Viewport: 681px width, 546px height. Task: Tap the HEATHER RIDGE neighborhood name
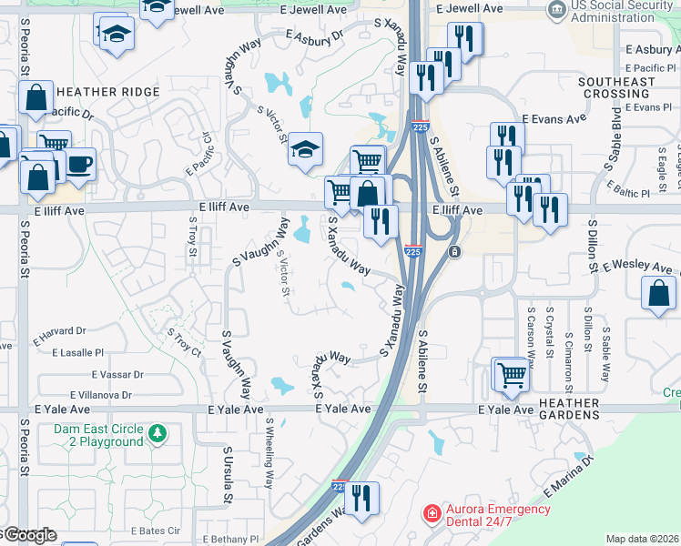[107, 92]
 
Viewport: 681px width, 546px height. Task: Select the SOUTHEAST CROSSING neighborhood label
[616, 88]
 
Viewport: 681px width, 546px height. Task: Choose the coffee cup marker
[79, 164]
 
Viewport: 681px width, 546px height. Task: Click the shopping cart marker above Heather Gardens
[510, 372]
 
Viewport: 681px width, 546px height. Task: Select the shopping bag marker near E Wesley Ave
[658, 293]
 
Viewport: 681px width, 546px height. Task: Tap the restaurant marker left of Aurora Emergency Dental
[362, 498]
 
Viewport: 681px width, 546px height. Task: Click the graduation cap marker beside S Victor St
[305, 148]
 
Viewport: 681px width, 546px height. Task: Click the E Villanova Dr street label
[83, 395]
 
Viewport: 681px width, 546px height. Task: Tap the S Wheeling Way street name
[269, 453]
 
